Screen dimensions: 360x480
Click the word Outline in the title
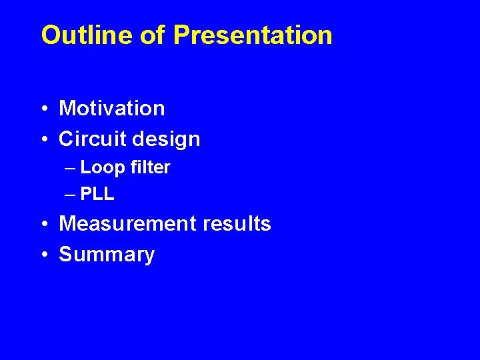pyautogui.click(x=87, y=35)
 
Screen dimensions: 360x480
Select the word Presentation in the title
pyautogui.click(x=253, y=35)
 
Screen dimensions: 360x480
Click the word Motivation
pyautogui.click(x=111, y=108)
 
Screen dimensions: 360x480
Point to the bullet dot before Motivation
pyautogui.click(x=44, y=109)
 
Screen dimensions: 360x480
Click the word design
pyautogui.click(x=166, y=139)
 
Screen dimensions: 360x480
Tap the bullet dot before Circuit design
pyautogui.click(x=44, y=140)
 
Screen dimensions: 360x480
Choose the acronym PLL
pyautogui.click(x=97, y=195)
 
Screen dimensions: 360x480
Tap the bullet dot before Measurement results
pyautogui.click(x=44, y=225)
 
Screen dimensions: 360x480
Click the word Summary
pyautogui.click(x=107, y=255)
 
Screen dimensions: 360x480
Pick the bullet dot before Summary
pyautogui.click(x=44, y=255)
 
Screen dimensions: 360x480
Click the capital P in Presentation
pyautogui.click(x=181, y=35)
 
